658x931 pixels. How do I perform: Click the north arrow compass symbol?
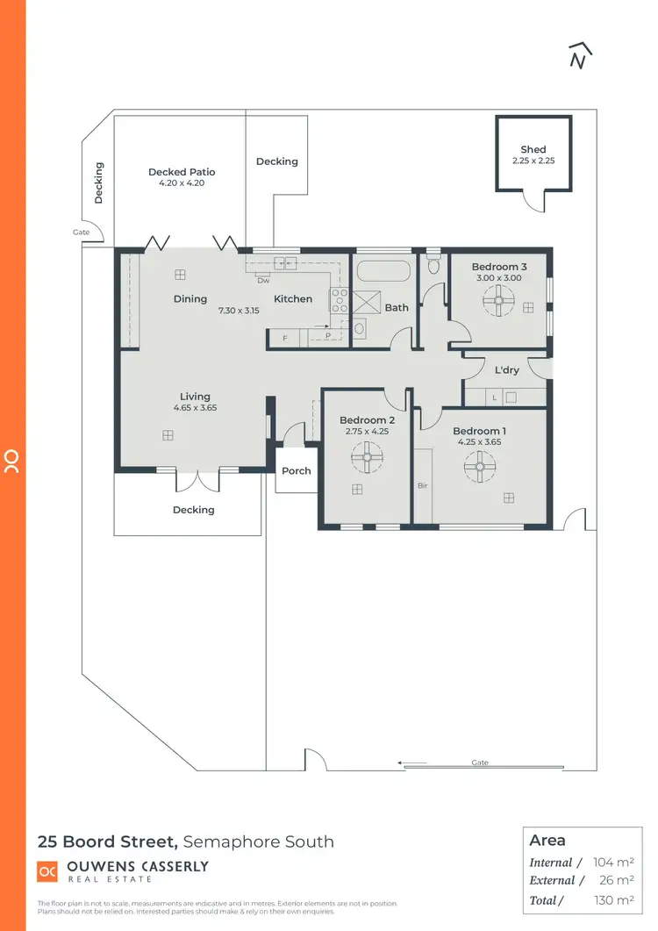coord(578,54)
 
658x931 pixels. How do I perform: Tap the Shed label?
coord(533,150)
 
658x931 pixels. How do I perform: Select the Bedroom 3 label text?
coord(499,267)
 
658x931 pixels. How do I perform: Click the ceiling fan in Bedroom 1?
coord(480,466)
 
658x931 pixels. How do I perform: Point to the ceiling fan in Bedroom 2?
coord(366,455)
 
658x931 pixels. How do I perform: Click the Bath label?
coord(397,308)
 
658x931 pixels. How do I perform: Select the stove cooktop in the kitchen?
coord(339,301)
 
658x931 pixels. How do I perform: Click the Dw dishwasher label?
coord(262,281)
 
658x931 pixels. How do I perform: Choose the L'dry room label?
coord(507,370)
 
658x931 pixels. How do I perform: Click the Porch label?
coord(297,471)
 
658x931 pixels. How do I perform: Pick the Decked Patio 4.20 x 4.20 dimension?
coord(182,184)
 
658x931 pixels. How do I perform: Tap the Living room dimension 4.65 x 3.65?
coord(195,408)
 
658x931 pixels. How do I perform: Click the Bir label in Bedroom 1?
coord(421,484)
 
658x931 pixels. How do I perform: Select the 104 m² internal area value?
coord(615,863)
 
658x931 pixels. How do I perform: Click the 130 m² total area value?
coord(615,899)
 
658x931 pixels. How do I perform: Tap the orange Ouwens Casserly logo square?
coord(46,871)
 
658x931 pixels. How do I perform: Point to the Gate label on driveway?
coord(480,763)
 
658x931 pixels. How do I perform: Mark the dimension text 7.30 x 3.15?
coord(239,310)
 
